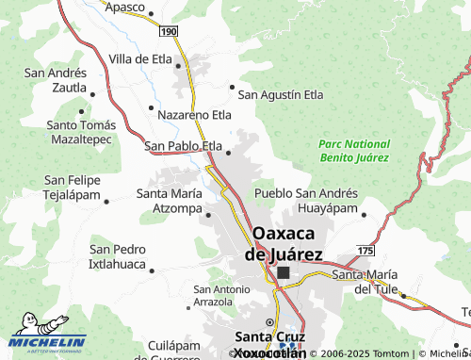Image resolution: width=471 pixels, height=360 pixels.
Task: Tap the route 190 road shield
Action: (x=168, y=32)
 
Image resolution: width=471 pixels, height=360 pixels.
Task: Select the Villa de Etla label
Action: (x=142, y=58)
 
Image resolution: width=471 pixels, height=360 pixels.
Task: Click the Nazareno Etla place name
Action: (x=194, y=115)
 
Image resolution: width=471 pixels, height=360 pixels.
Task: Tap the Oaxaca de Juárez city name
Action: (x=284, y=242)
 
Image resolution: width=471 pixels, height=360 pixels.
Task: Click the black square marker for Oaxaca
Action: (x=284, y=272)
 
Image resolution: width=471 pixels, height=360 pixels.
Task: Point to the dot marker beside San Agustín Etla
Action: (x=233, y=87)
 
